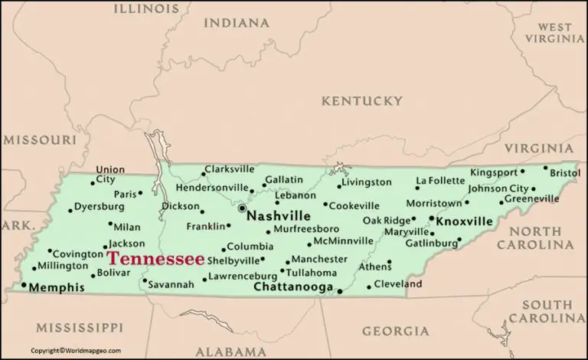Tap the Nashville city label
click(x=279, y=216)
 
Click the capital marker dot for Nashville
click(x=241, y=208)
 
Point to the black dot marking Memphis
click(x=24, y=285)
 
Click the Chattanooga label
click(x=293, y=288)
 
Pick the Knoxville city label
click(x=464, y=221)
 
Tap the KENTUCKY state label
click(x=361, y=101)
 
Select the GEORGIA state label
click(x=395, y=331)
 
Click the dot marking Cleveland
click(x=369, y=287)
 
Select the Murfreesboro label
click(x=306, y=228)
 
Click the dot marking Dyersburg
click(x=70, y=209)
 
